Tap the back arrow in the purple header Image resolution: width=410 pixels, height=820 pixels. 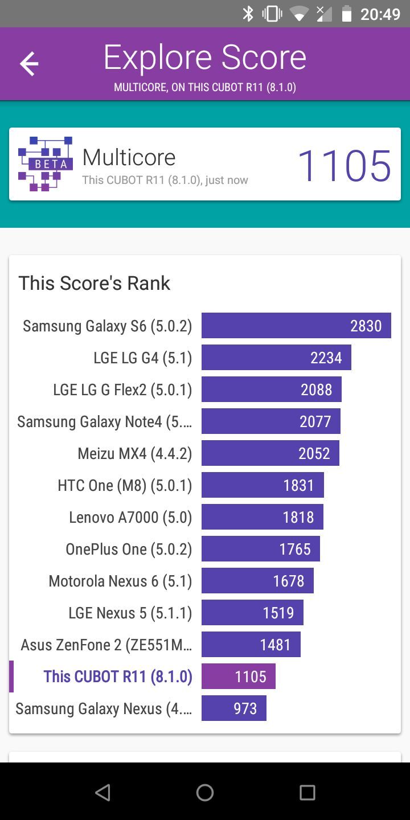[29, 64]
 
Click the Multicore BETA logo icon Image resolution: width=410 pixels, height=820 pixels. [46, 164]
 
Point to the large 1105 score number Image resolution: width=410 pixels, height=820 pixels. [344, 166]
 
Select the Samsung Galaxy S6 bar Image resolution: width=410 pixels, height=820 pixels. [296, 326]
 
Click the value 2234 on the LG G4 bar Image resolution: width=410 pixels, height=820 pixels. [326, 358]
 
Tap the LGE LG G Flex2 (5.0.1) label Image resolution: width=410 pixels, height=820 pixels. [122, 390]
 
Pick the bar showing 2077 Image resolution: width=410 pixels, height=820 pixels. [271, 421]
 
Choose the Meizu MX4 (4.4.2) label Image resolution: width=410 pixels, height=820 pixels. [135, 454]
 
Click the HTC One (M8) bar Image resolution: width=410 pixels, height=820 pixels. [263, 485]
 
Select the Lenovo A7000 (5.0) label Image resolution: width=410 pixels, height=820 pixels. [130, 518]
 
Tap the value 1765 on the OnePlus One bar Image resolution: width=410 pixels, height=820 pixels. [295, 550]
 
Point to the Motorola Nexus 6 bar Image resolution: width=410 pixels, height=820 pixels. [257, 581]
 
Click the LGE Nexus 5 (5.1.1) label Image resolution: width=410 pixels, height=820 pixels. [130, 613]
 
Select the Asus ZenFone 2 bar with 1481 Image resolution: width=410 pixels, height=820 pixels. [251, 645]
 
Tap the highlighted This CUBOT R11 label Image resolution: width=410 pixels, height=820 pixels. [118, 676]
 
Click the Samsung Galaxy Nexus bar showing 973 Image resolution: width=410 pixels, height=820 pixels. [234, 708]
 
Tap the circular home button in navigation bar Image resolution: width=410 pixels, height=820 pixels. [205, 792]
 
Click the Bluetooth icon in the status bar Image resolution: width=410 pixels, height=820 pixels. [248, 14]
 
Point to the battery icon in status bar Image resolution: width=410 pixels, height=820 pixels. [346, 14]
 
